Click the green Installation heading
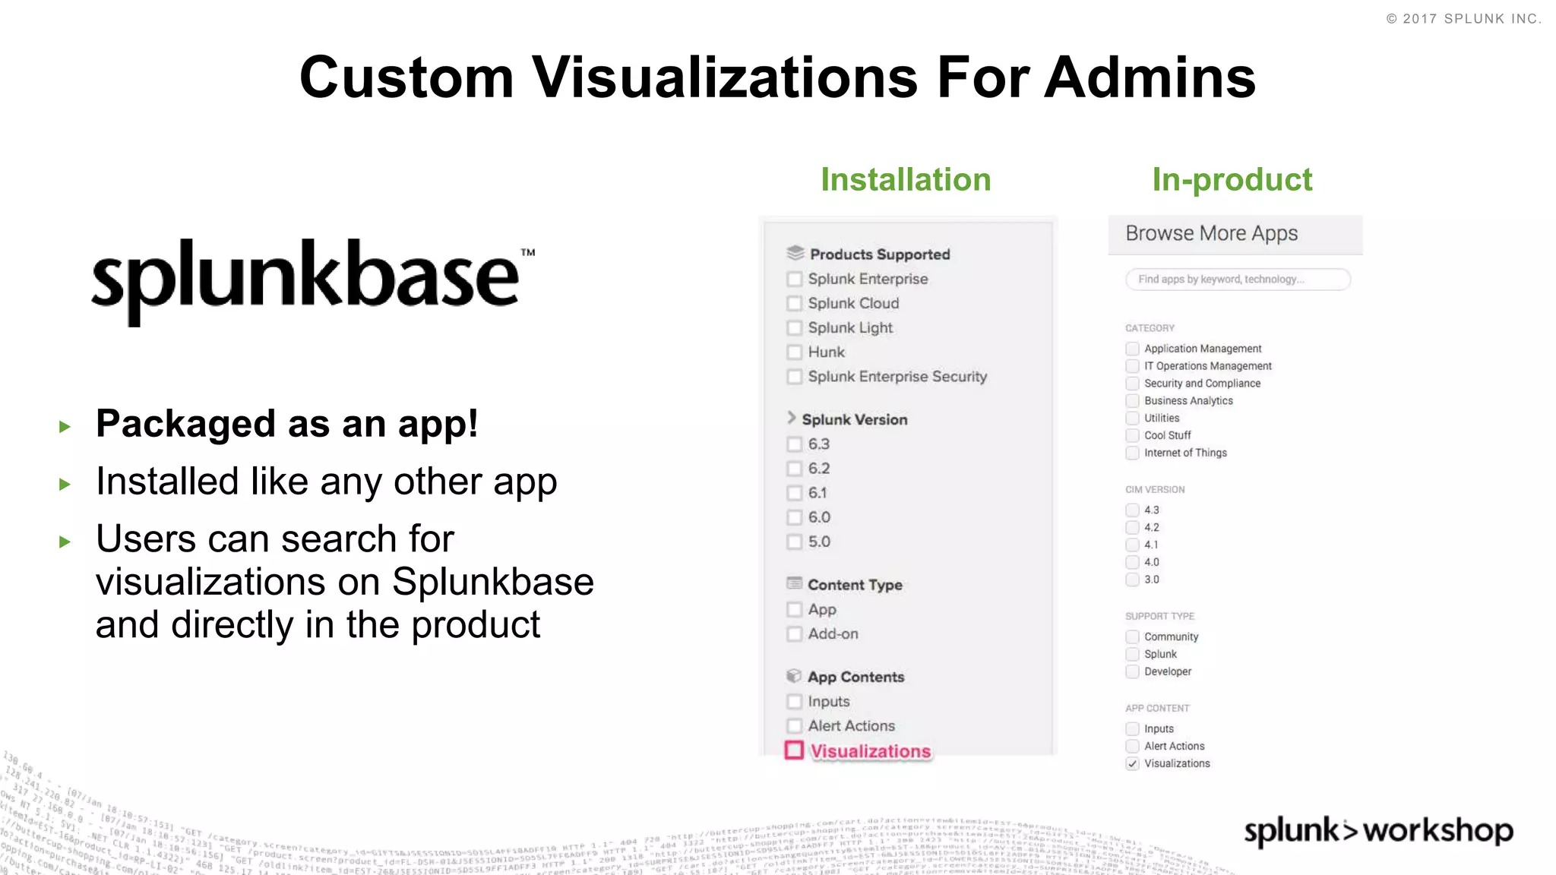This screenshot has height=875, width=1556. (x=906, y=180)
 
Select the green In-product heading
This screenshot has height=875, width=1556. (x=1232, y=180)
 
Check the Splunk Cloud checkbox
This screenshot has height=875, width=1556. (x=794, y=304)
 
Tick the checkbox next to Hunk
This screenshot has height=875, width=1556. (x=794, y=352)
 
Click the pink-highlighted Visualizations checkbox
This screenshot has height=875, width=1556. (x=794, y=750)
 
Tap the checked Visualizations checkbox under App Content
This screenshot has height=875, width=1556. (x=1132, y=763)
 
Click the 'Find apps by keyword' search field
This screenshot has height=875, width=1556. (x=1238, y=280)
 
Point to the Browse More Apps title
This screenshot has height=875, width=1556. (x=1211, y=233)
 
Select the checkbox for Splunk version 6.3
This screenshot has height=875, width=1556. (x=794, y=444)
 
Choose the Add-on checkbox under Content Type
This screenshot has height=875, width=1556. (x=794, y=634)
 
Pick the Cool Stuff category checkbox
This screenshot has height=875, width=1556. (x=1132, y=435)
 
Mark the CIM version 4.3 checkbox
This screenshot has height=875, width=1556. (x=1132, y=510)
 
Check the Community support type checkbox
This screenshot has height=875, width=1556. (x=1132, y=637)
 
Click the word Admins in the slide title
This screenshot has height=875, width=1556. (x=1150, y=77)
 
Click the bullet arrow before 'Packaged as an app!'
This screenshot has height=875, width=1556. (x=65, y=427)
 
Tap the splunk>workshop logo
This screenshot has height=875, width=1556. (x=1378, y=831)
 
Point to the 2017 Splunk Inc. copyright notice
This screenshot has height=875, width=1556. (x=1463, y=19)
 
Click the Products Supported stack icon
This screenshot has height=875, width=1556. (x=795, y=253)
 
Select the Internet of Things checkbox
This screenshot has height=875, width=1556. (x=1132, y=453)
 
